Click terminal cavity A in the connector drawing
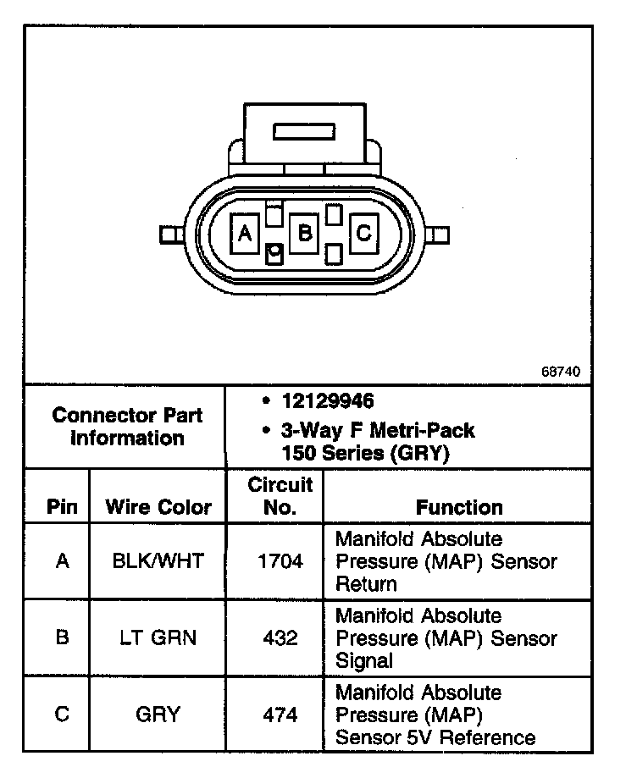tap(246, 233)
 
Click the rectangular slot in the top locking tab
tap(305, 131)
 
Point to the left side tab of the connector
tap(169, 234)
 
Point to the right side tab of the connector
tap(440, 234)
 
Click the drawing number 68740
tap(562, 371)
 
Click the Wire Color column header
tap(158, 507)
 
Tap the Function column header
tap(459, 507)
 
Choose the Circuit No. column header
tap(280, 496)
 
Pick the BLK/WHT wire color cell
tap(158, 560)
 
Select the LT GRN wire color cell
tap(158, 637)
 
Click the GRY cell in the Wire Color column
tap(158, 715)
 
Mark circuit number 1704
tap(280, 560)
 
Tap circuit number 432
tap(280, 637)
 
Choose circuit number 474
tap(280, 715)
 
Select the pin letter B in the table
tap(62, 637)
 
